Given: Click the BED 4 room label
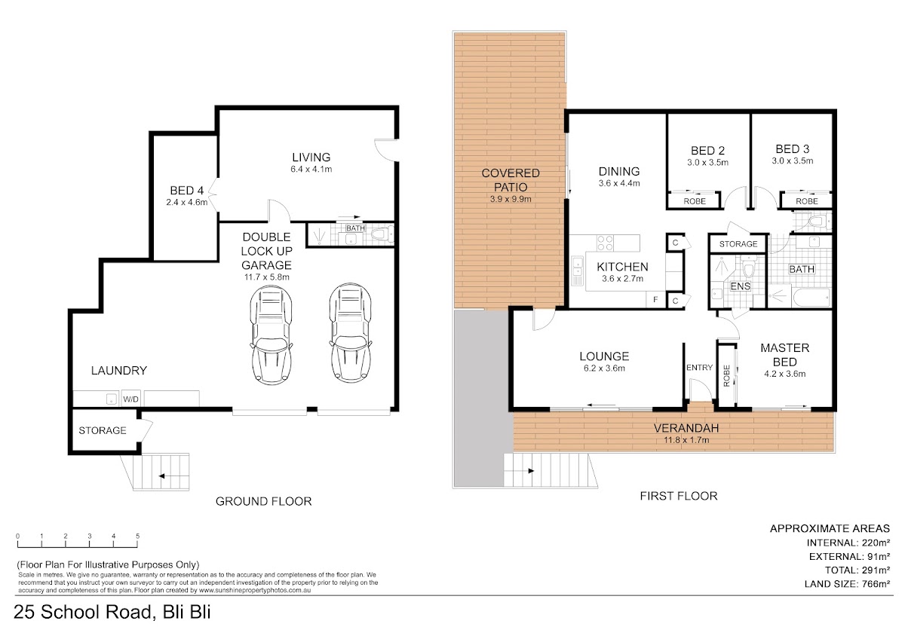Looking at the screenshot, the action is coord(187,190).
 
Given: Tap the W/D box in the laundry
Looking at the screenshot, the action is coord(131,399).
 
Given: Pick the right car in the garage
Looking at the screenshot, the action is coord(350,332).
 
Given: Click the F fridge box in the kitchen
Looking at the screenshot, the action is coord(655,299).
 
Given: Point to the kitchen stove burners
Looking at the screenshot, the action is coord(605,243).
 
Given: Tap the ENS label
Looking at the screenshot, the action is coord(740,286).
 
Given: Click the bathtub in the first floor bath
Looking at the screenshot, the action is coord(811,298).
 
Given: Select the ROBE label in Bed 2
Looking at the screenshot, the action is coord(695,201).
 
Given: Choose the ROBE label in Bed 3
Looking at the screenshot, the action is coord(806,201).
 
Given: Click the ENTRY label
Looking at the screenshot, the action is coord(699,367).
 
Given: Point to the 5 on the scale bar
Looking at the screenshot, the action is coord(137,536).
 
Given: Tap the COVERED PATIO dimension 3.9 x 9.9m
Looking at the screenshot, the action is coord(511,199).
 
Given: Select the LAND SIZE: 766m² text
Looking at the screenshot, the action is coord(847,584).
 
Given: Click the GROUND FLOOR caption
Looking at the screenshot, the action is coord(263,501).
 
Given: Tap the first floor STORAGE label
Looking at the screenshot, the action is coord(738,244).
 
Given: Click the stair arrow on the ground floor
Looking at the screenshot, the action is coord(173,476).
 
